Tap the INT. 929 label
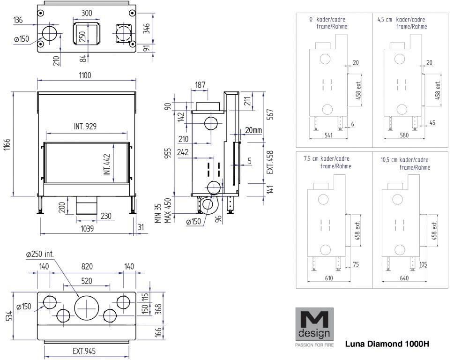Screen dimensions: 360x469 click(x=85, y=127)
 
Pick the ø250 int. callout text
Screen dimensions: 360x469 click(x=40, y=254)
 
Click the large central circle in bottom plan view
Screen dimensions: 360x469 click(x=87, y=309)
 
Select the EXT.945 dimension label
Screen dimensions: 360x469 click(x=85, y=351)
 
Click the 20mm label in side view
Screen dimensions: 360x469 click(x=253, y=130)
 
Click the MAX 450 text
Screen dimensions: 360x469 click(x=167, y=212)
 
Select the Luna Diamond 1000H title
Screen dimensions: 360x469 click(x=387, y=344)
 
